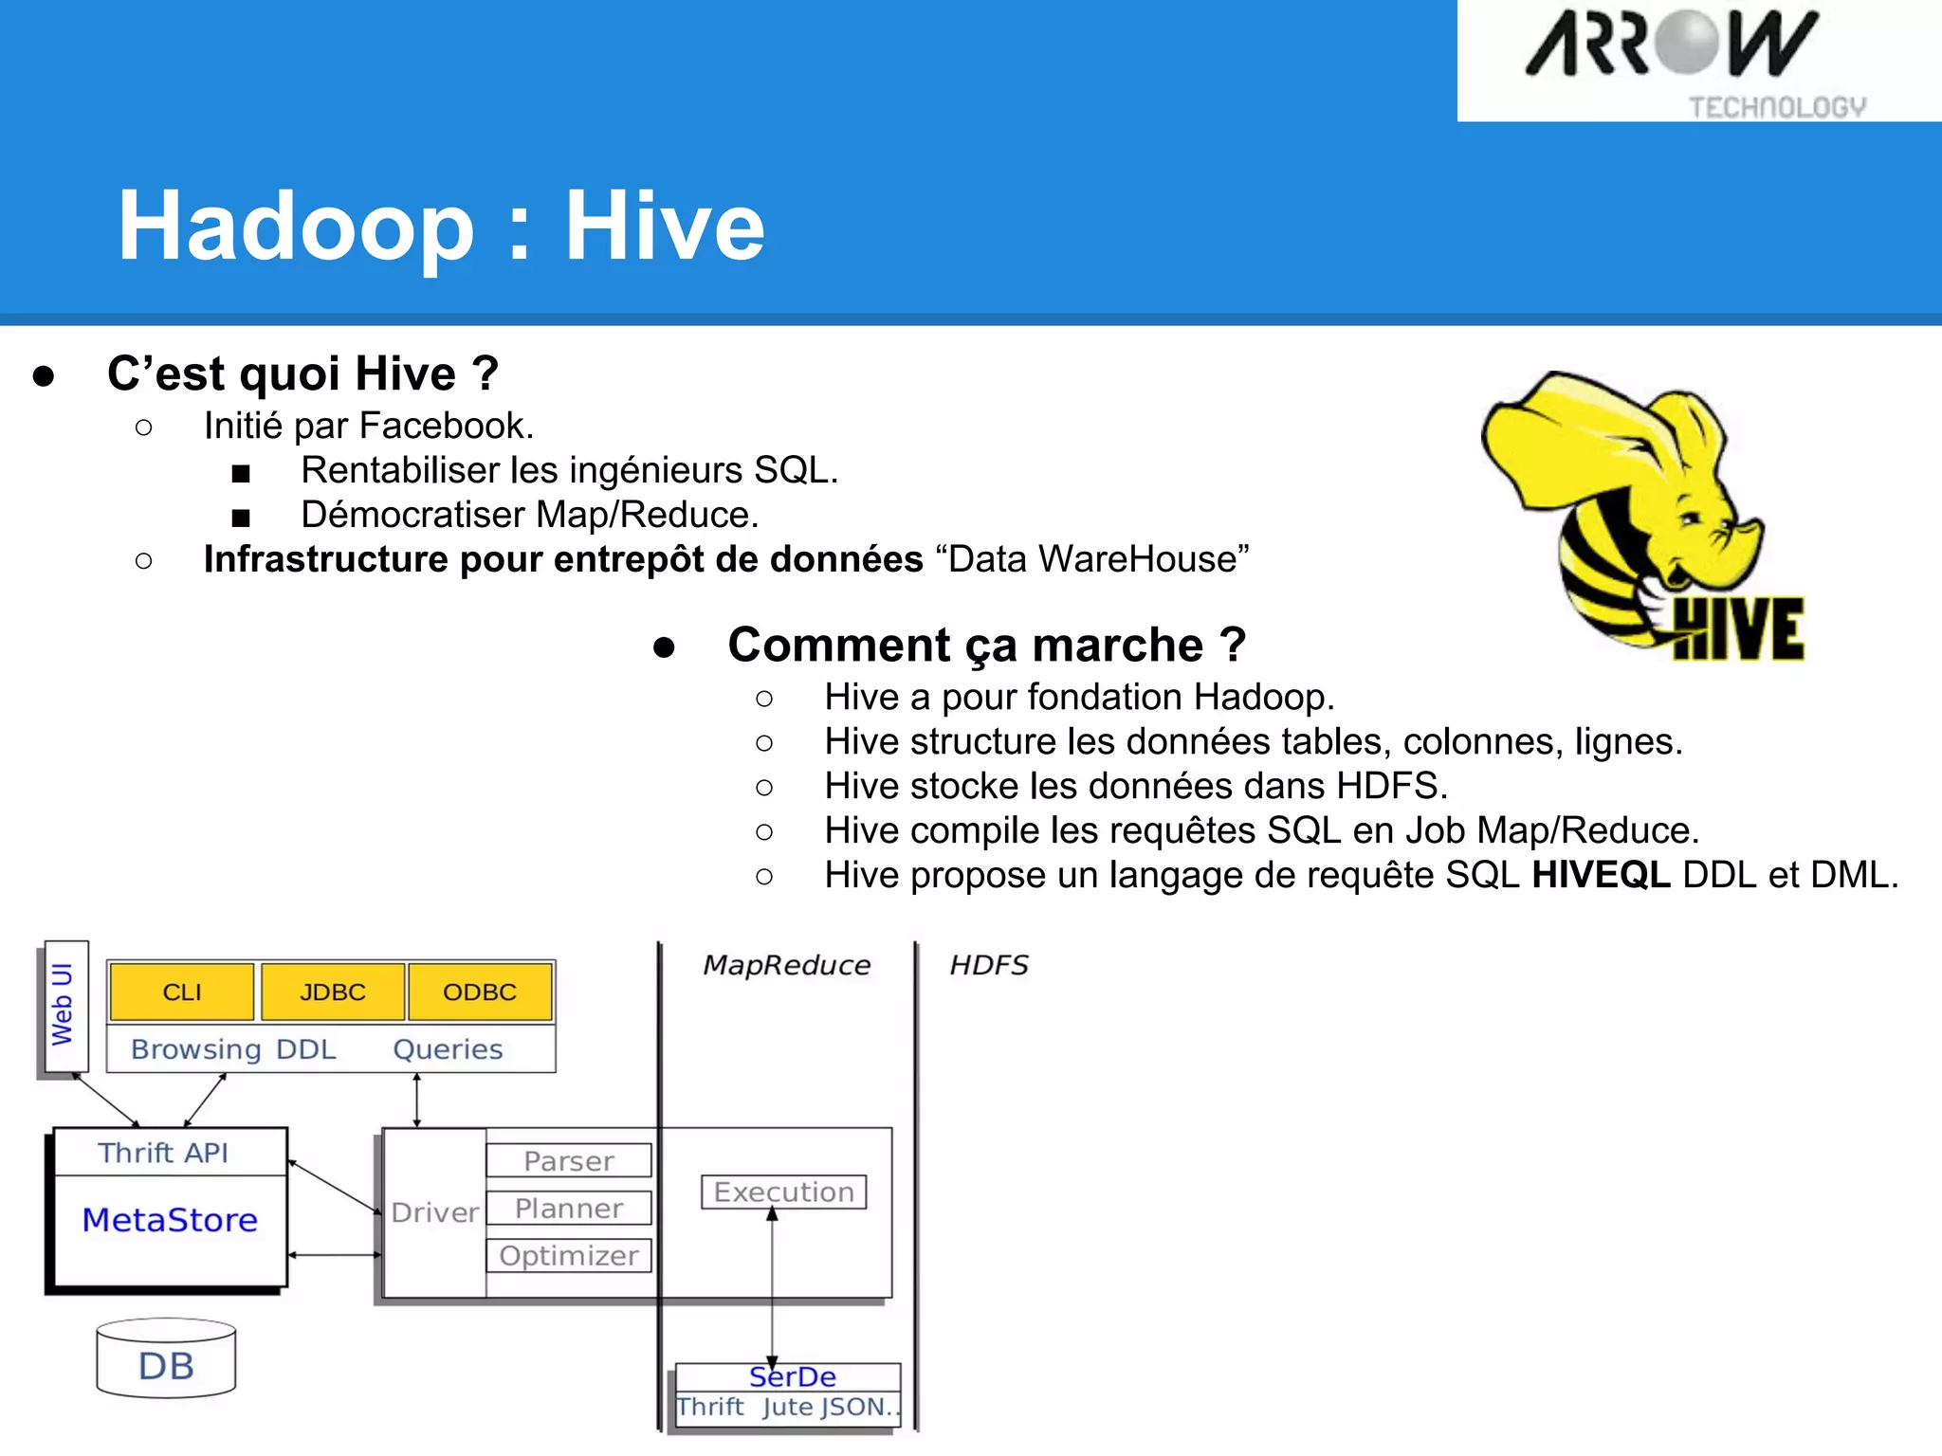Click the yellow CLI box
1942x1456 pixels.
click(x=182, y=992)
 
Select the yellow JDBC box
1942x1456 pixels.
click(x=333, y=992)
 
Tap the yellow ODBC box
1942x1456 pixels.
click(x=480, y=992)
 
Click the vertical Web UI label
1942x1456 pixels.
click(x=63, y=1004)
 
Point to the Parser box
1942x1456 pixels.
click(x=569, y=1160)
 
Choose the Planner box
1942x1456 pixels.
click(x=569, y=1208)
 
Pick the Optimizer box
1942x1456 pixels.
click(x=569, y=1255)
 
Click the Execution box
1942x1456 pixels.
click(x=783, y=1192)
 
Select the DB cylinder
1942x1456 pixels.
click(x=166, y=1359)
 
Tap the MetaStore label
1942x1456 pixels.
click(x=170, y=1219)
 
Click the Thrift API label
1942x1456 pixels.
click(x=163, y=1153)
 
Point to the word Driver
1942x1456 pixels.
click(x=435, y=1212)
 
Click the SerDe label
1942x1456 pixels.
click(x=793, y=1376)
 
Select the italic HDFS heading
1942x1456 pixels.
click(x=989, y=965)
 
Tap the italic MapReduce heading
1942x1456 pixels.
click(x=786, y=965)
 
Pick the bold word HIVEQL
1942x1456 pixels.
click(x=1601, y=874)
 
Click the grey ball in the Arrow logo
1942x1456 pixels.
click(x=1688, y=42)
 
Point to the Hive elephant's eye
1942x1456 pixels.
click(x=1691, y=518)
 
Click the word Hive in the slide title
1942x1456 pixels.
click(x=665, y=226)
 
